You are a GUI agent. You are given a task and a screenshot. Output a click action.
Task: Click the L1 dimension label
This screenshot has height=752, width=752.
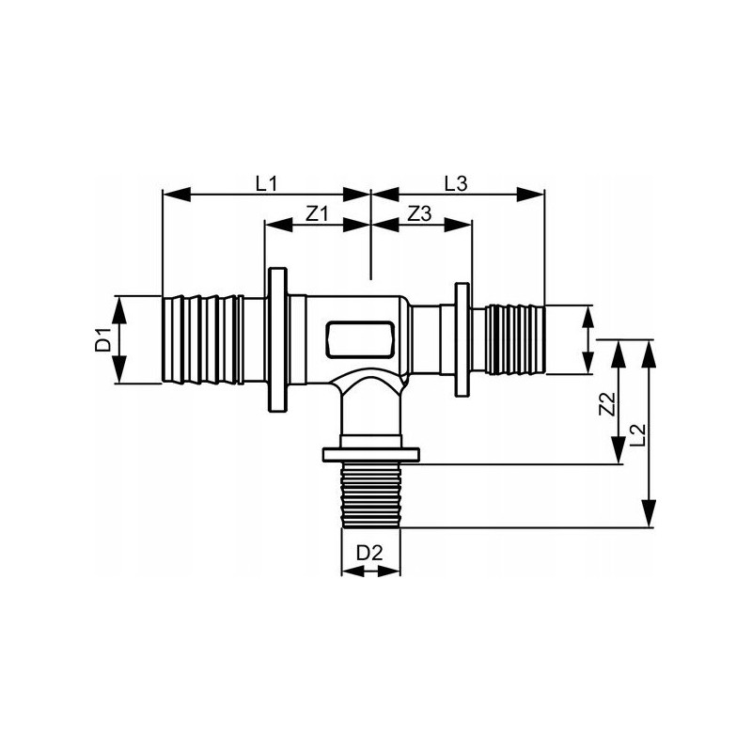(x=266, y=183)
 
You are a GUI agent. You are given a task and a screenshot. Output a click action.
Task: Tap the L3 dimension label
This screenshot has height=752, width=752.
(x=455, y=183)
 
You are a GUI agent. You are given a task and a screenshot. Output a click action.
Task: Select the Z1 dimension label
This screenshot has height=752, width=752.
(x=317, y=214)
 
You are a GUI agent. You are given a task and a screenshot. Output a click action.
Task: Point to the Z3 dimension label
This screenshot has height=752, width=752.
(x=419, y=214)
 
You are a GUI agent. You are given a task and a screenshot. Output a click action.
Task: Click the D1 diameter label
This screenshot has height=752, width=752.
(x=103, y=339)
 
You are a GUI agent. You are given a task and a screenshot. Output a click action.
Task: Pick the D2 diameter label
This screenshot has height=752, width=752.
(x=369, y=553)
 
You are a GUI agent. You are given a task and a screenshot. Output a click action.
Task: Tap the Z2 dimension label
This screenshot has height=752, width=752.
(x=607, y=404)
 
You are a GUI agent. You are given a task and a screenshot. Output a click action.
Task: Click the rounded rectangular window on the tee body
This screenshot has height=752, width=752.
(x=361, y=339)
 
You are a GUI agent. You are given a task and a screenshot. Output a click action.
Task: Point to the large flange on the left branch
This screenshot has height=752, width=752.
(x=277, y=339)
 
